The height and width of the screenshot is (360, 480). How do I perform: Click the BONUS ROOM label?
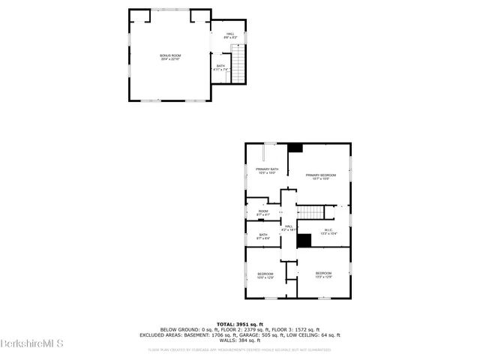click(x=170, y=55)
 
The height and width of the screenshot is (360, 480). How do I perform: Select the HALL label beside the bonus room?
click(x=230, y=33)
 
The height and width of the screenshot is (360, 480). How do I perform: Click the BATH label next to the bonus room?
click(x=220, y=66)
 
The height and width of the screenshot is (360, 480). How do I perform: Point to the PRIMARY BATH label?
click(x=267, y=169)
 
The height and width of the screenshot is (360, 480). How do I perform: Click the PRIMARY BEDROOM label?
click(x=320, y=175)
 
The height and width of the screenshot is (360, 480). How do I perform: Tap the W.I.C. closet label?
click(x=328, y=230)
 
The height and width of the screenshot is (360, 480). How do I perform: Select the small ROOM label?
click(x=263, y=211)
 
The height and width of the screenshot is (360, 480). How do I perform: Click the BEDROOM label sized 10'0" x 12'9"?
click(x=265, y=274)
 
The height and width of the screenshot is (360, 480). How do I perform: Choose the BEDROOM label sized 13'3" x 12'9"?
click(x=323, y=273)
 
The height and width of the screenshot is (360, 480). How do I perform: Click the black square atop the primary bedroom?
click(x=295, y=148)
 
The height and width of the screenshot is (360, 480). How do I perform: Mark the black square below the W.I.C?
click(x=304, y=240)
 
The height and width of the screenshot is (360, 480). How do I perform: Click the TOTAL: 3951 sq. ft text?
click(x=239, y=324)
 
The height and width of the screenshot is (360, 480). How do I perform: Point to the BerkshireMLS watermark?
click(x=32, y=343)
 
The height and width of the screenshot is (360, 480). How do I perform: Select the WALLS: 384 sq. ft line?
click(x=239, y=340)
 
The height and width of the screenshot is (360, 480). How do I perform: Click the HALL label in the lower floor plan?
click(x=289, y=226)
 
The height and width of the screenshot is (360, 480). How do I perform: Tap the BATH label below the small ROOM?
click(x=263, y=235)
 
